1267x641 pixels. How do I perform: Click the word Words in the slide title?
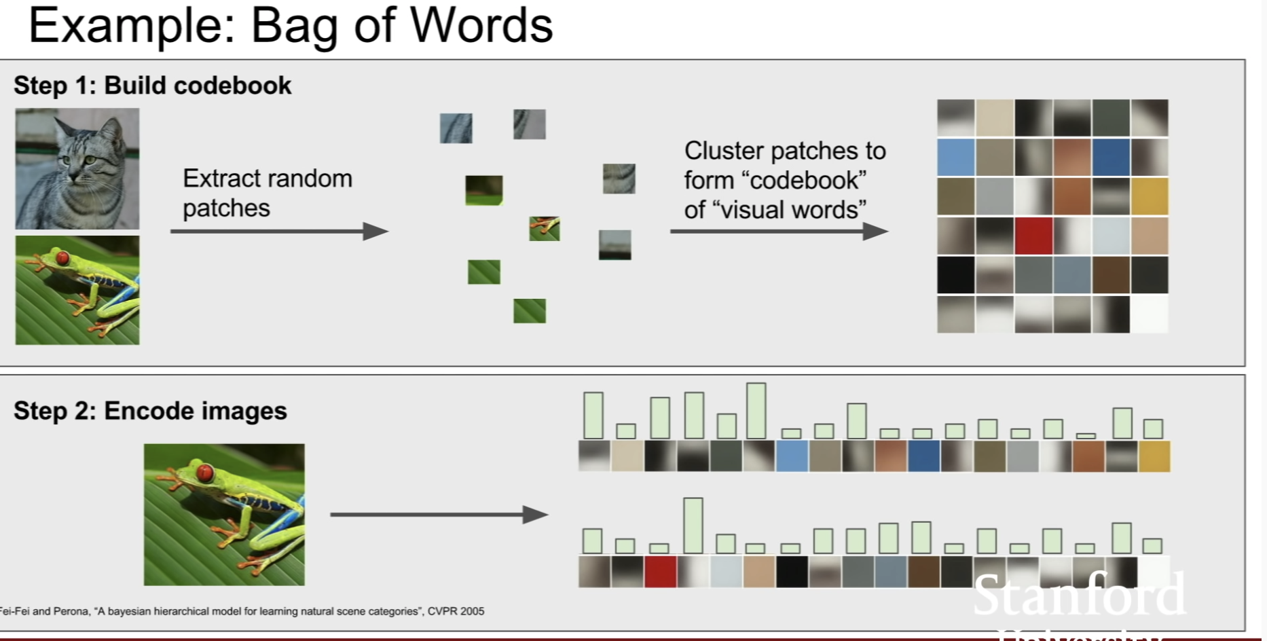(481, 26)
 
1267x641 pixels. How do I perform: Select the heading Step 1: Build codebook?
(152, 86)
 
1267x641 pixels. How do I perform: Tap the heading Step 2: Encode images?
(150, 411)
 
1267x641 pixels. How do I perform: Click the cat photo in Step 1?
(77, 168)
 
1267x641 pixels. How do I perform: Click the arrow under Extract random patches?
(278, 232)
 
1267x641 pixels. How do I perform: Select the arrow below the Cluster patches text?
(778, 232)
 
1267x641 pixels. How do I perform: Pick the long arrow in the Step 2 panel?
(439, 515)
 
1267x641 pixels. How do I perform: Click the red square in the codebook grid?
(1033, 235)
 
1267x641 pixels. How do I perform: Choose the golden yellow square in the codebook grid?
(1150, 196)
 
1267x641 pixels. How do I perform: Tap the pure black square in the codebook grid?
(955, 274)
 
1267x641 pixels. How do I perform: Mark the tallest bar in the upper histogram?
(756, 411)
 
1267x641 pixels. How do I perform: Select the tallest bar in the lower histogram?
(693, 526)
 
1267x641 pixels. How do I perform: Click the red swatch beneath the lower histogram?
(660, 571)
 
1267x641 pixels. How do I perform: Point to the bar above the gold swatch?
(1153, 428)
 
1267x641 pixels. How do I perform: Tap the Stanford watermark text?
(1079, 594)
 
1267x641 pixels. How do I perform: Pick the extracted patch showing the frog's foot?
(545, 229)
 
